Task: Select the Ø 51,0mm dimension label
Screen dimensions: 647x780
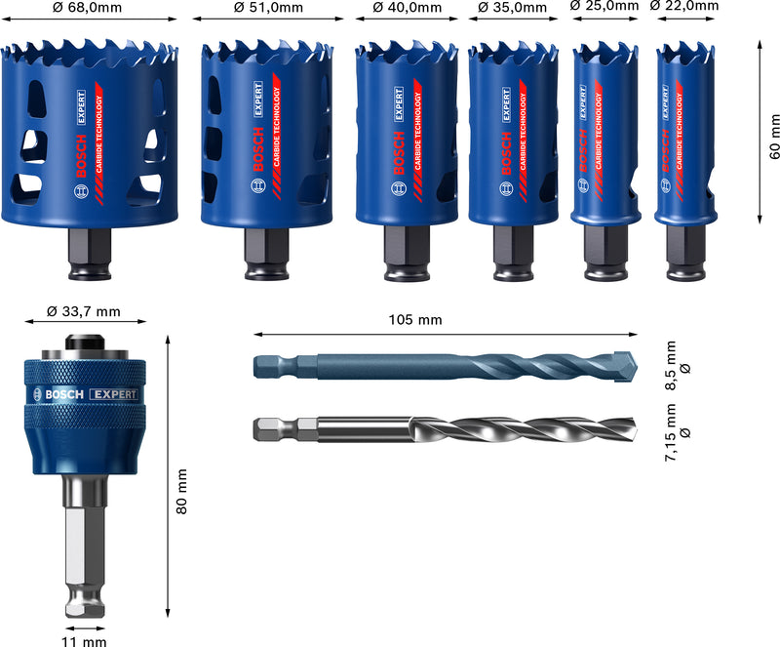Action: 268,8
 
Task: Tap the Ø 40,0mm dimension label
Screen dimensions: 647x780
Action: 407,8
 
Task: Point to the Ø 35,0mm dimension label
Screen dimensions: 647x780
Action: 511,8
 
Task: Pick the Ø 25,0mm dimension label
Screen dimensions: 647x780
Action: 604,7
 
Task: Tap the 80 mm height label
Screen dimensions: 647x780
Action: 180,492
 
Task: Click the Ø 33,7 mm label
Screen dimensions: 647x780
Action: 84,312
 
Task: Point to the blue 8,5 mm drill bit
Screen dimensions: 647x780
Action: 439,366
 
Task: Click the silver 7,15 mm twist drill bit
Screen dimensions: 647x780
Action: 439,428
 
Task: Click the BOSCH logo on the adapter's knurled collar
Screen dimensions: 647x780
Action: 58,394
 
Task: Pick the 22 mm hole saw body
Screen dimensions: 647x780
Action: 682,137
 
